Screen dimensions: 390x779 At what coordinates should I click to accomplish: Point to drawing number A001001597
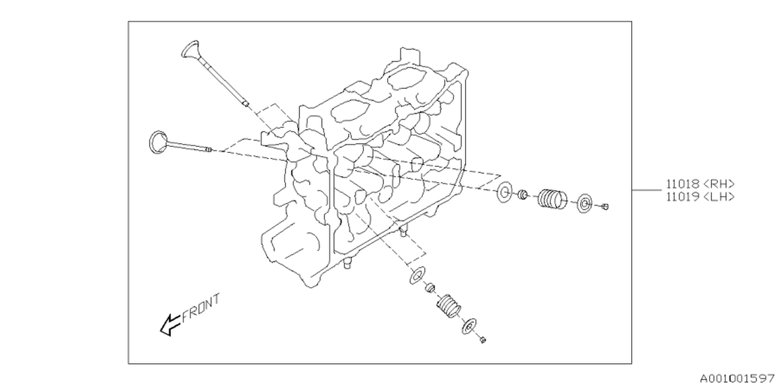point(737,379)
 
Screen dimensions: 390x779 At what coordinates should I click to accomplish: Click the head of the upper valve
point(190,50)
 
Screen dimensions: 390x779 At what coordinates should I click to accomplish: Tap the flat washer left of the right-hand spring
point(505,193)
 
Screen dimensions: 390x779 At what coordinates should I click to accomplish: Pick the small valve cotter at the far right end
point(604,207)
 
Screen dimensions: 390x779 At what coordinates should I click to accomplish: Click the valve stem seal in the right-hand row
point(522,195)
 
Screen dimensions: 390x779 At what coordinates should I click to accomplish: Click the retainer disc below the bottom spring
point(469,326)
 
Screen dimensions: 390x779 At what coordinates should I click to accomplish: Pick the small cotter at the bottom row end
point(482,339)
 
